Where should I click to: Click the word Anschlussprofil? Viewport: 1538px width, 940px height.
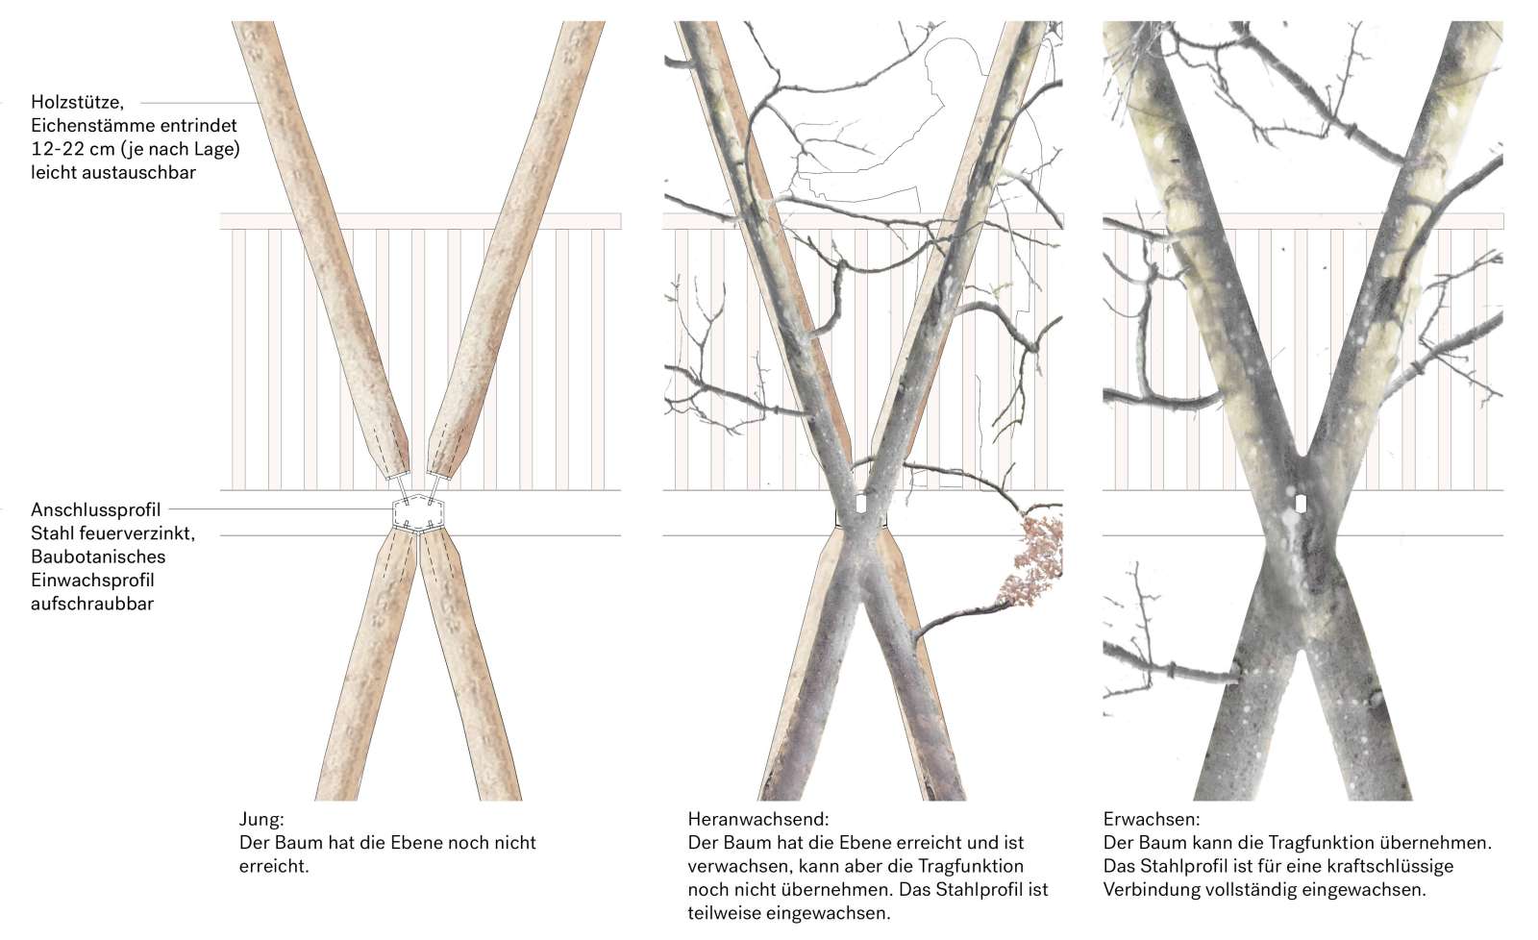(96, 509)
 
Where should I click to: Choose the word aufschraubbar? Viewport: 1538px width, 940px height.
(92, 604)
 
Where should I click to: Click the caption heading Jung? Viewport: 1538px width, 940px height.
(261, 820)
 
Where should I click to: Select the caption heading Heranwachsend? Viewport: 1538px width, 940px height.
(757, 820)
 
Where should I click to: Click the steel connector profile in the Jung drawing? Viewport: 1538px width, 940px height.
(418, 514)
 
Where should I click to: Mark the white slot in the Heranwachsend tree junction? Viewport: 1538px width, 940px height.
(860, 504)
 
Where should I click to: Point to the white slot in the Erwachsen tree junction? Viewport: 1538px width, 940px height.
(1301, 503)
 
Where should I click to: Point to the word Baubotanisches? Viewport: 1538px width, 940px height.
(98, 557)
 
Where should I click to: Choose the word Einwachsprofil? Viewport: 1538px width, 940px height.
(92, 581)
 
